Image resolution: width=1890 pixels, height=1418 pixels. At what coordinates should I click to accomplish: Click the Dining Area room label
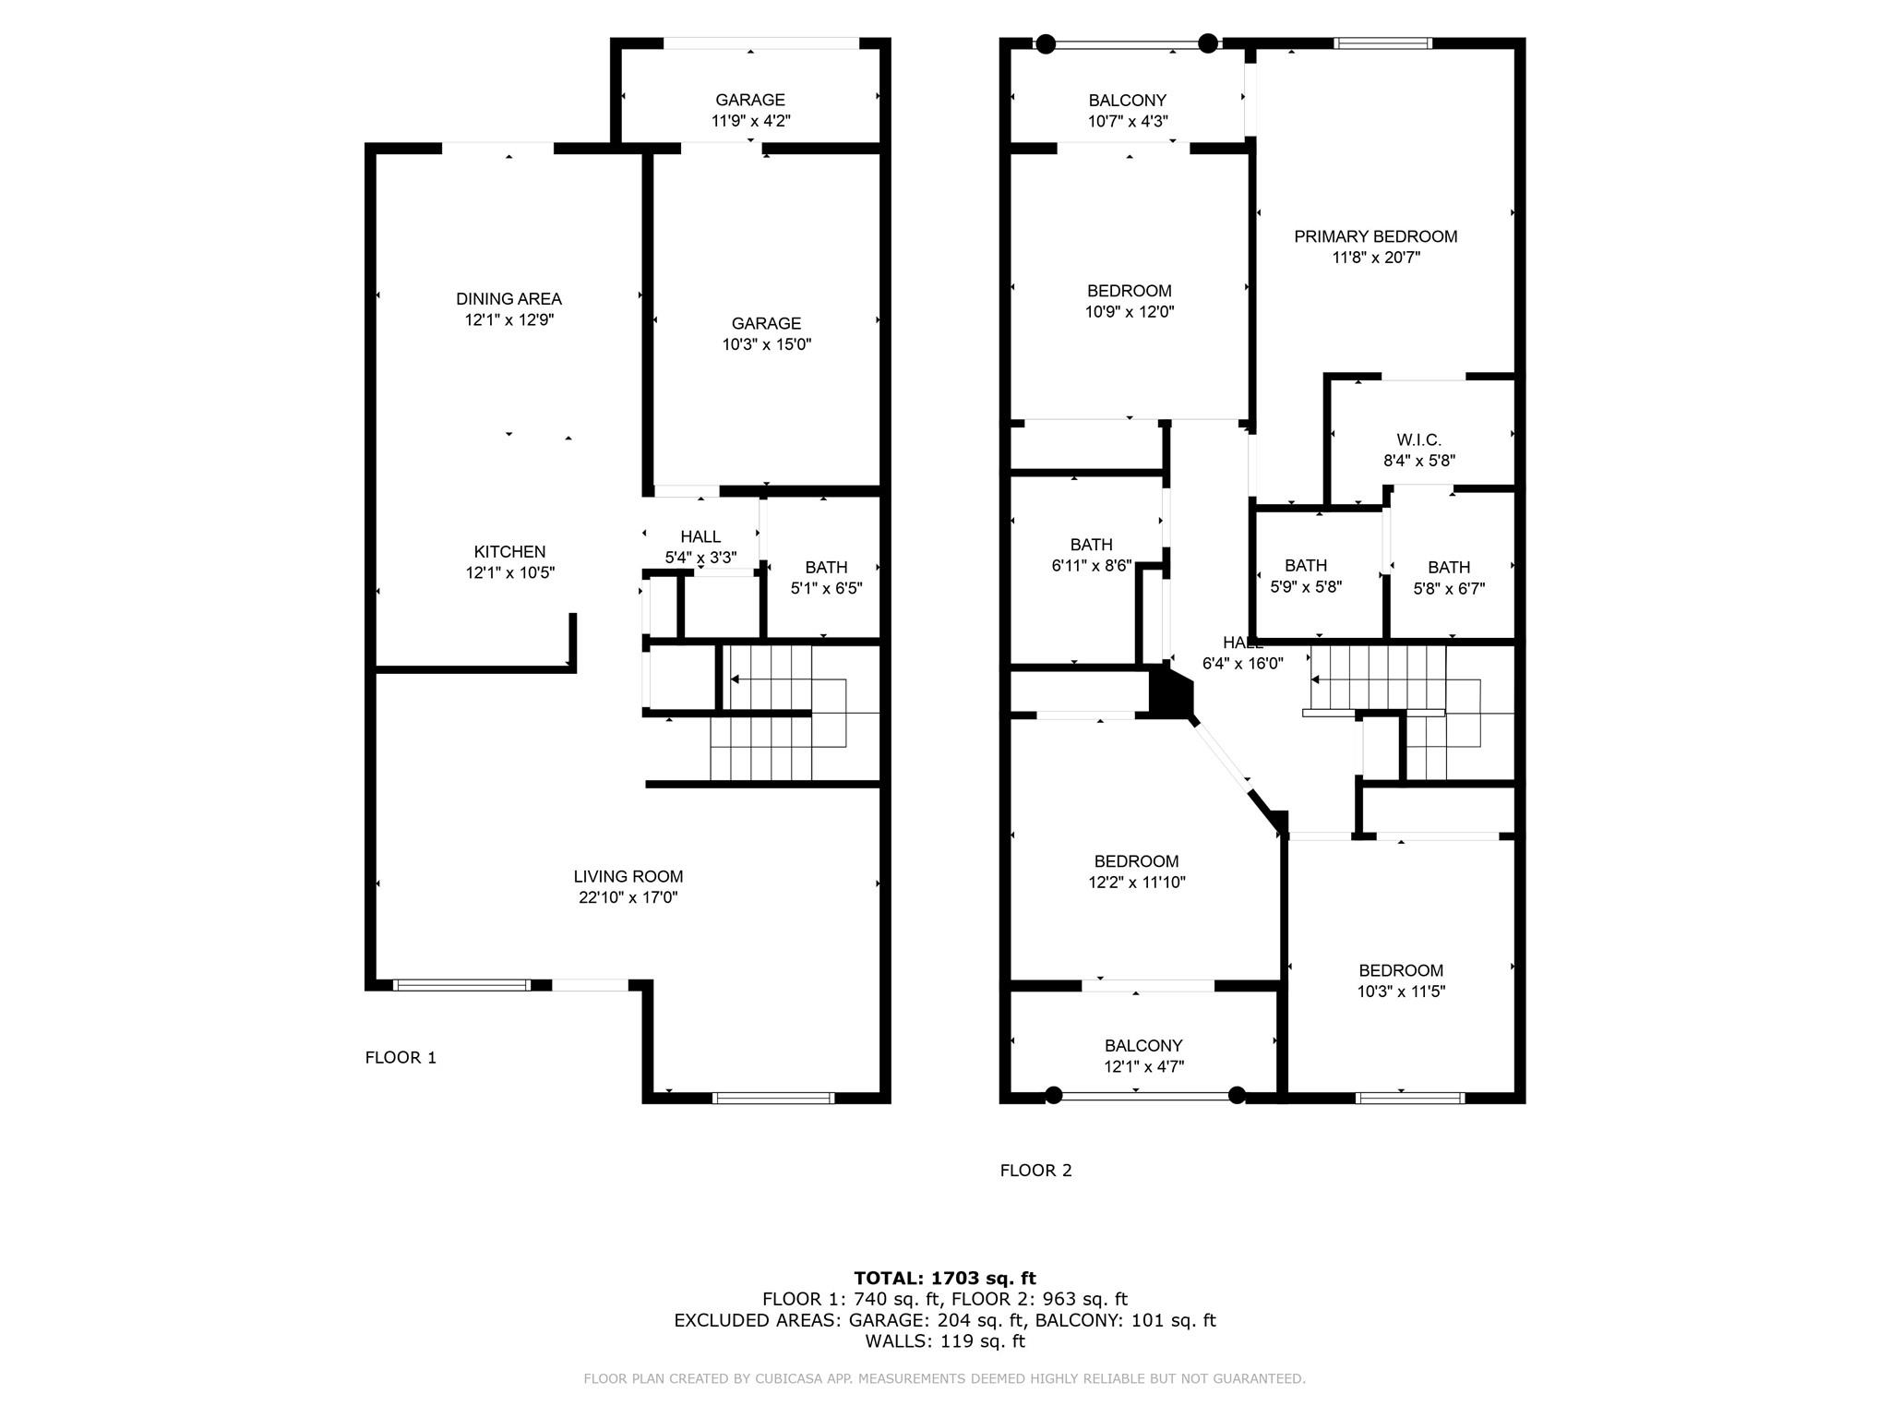click(508, 299)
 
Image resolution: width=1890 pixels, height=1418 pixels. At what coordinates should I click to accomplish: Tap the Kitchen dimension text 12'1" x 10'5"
click(509, 572)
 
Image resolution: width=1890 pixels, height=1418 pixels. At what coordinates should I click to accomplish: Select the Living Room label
click(628, 877)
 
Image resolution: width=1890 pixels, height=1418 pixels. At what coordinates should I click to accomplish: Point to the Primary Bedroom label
click(1376, 236)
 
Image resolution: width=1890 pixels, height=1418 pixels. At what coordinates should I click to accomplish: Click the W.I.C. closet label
click(1419, 440)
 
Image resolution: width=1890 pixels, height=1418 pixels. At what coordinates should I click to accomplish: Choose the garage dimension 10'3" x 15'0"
click(767, 345)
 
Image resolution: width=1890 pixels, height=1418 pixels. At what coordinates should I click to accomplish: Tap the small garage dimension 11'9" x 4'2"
click(751, 121)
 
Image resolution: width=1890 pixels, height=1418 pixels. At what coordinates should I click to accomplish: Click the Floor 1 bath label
click(826, 568)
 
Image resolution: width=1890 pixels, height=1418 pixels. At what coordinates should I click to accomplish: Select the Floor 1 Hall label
click(700, 537)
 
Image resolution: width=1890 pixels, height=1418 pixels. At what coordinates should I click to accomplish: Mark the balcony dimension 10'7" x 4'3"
click(1128, 121)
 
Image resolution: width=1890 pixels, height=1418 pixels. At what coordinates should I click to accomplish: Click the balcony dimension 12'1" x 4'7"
click(1144, 1067)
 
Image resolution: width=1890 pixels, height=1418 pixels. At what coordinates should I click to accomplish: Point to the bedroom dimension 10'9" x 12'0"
click(1130, 312)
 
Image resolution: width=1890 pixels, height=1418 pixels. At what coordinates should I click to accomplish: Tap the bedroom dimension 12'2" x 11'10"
click(1137, 883)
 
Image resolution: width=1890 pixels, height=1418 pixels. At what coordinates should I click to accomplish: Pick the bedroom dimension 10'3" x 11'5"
click(1401, 992)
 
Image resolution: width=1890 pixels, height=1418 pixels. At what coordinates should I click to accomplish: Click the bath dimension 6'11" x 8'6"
click(1092, 566)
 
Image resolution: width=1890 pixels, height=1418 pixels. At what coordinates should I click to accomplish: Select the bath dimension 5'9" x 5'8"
click(1306, 587)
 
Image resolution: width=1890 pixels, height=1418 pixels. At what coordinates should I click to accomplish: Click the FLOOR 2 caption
click(1036, 1171)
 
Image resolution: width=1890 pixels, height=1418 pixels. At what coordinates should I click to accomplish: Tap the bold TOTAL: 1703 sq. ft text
click(945, 1279)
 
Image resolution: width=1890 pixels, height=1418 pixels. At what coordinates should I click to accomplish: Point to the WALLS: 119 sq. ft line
click(945, 1341)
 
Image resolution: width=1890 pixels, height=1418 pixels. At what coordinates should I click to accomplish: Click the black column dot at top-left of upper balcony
click(1046, 43)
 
